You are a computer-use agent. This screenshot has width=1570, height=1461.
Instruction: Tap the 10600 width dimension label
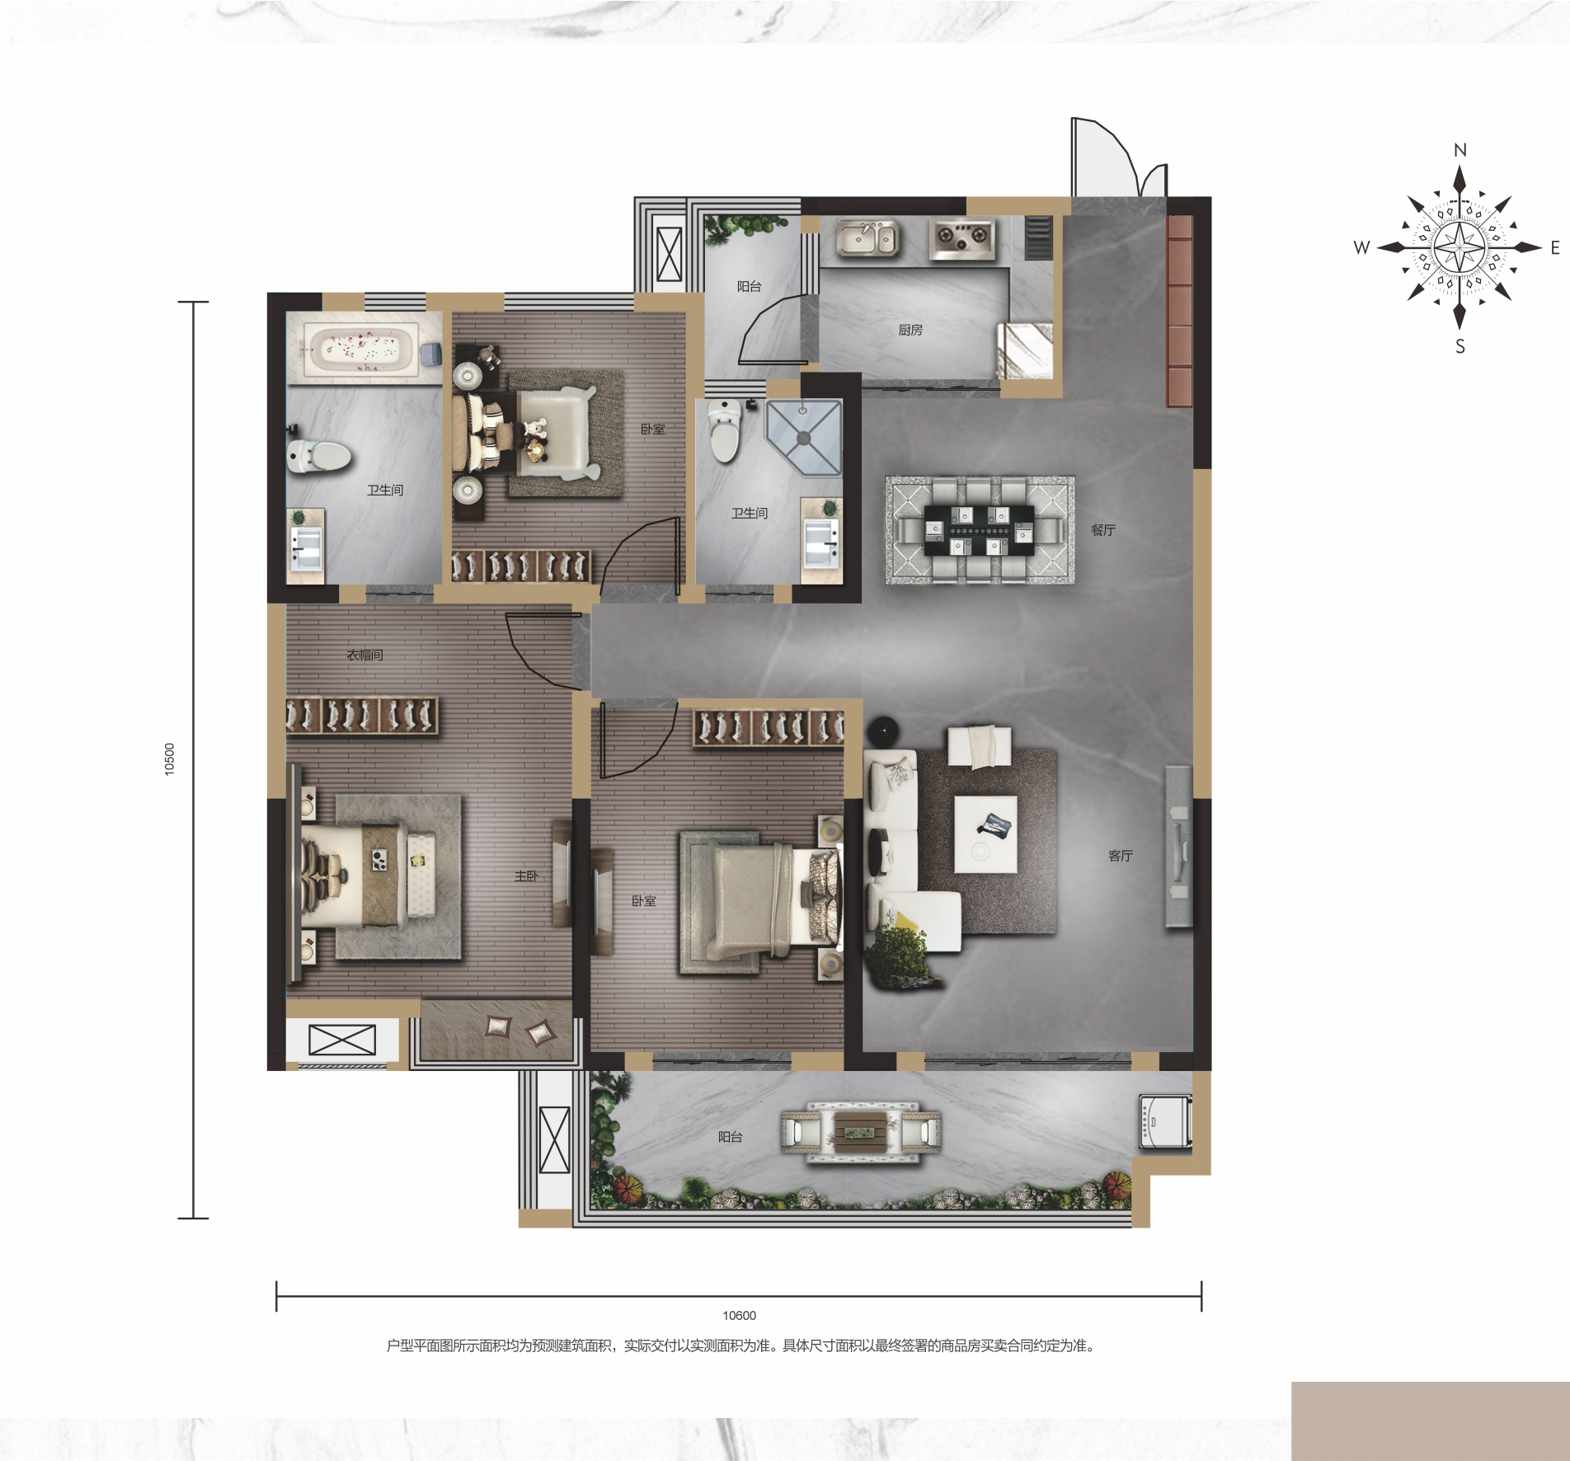tap(739, 1316)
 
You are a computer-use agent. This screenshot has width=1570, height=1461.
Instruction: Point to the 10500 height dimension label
tap(169, 759)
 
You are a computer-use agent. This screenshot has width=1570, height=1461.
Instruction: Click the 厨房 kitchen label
tap(910, 330)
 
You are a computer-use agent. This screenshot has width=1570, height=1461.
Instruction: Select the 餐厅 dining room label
tap(1102, 530)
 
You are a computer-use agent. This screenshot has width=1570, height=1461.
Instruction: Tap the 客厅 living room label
tap(1121, 856)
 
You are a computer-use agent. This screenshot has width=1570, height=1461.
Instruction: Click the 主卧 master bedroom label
tap(526, 876)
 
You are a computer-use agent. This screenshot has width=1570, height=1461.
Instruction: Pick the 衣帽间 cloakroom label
tap(364, 655)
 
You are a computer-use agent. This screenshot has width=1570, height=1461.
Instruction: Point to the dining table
tap(980, 530)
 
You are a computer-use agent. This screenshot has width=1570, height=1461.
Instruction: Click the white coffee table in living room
tap(985, 834)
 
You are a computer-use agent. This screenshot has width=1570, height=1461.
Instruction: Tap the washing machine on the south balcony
tap(1164, 1121)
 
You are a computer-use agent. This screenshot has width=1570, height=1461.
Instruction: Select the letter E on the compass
tap(1555, 247)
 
